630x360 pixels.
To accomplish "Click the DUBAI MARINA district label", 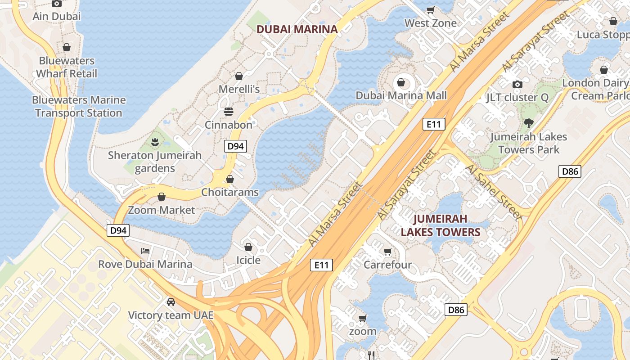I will point(297,29).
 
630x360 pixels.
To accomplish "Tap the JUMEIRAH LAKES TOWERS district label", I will point(441,225).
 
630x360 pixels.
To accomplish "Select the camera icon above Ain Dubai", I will point(57,4).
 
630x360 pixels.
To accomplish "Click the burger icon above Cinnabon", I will point(229,111).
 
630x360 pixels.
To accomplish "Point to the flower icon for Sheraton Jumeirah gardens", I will point(155,142).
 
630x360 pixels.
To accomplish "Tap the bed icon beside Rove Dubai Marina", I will point(145,251).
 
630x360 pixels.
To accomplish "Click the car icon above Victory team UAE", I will point(171,301).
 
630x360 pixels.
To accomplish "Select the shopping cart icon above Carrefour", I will point(387,252).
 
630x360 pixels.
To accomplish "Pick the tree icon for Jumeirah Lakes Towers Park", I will point(529,123).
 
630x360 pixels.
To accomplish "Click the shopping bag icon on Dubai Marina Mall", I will point(400,82).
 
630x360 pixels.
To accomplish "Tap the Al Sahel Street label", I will point(494,192).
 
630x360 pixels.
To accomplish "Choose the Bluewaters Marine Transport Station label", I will point(79,106).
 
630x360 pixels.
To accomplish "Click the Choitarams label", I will point(230,192).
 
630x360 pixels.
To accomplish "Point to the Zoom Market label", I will point(162,210).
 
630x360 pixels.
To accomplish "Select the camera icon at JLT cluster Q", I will point(517,84).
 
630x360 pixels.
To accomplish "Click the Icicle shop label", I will point(248,260).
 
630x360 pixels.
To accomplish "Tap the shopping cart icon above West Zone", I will point(431,10).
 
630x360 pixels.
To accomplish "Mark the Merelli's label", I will point(239,89).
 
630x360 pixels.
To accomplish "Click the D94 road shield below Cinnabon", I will point(235,146).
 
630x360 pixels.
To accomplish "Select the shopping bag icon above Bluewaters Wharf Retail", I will point(67,47).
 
